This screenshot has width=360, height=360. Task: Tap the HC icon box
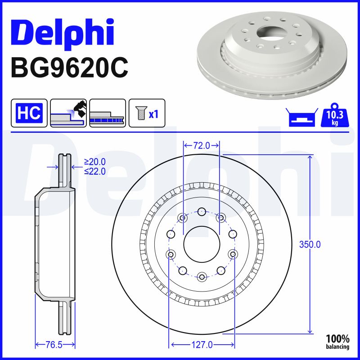point(29,113)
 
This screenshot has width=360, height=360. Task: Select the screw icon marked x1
point(147,113)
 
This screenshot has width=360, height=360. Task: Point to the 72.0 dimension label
point(202,145)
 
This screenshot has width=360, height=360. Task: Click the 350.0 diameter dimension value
point(310,245)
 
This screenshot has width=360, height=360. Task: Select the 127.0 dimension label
point(202,345)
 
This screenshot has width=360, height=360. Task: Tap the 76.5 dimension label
point(54,345)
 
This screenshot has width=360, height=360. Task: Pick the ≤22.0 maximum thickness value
point(95,171)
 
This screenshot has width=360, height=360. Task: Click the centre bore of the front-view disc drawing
point(202,243)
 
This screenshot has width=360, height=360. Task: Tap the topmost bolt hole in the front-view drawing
point(202,211)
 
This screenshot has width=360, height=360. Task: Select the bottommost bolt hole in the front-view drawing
point(202,276)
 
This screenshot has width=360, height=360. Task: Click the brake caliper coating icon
point(68,113)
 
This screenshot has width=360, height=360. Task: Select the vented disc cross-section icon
point(107,113)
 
